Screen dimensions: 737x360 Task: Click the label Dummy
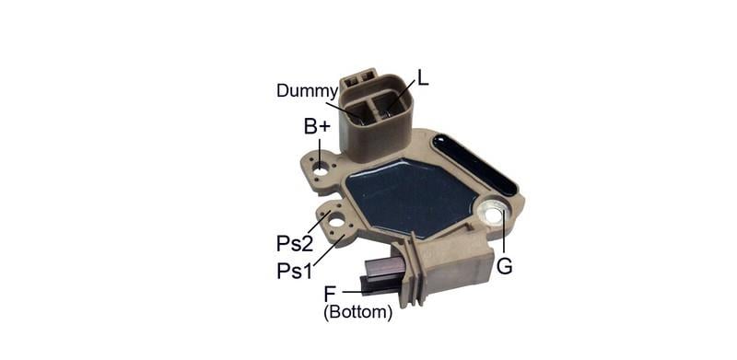pyautogui.click(x=307, y=91)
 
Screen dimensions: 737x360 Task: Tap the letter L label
pyautogui.click(x=423, y=78)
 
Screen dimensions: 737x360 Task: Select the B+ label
pyautogui.click(x=317, y=126)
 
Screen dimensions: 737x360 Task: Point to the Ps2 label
pyautogui.click(x=295, y=243)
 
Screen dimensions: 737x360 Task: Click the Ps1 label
pyautogui.click(x=294, y=271)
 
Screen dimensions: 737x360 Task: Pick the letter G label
pyautogui.click(x=504, y=266)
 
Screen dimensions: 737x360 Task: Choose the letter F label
pyautogui.click(x=330, y=294)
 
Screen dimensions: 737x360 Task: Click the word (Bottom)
pyautogui.click(x=357, y=312)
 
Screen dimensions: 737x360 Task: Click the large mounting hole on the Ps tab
pyautogui.click(x=337, y=219)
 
